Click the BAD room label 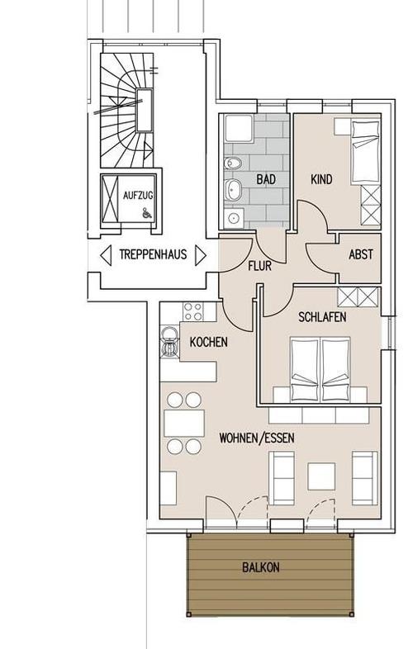point(266,179)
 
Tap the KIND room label point(321,179)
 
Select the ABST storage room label point(361,254)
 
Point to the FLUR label point(259,266)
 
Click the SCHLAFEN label point(322,317)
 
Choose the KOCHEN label point(208,342)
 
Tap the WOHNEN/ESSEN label point(257,438)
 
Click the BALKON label point(260,567)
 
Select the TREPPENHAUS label point(153,253)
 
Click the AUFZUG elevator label point(138,195)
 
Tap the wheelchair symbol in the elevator point(146,213)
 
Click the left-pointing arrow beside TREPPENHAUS point(106,255)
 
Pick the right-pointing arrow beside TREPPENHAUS point(201,255)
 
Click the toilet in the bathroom point(232,163)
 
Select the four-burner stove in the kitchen point(193,311)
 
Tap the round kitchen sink point(169,334)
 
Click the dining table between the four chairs point(184,423)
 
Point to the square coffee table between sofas point(321,476)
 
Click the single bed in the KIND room point(365,151)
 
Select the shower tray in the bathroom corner point(239,129)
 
